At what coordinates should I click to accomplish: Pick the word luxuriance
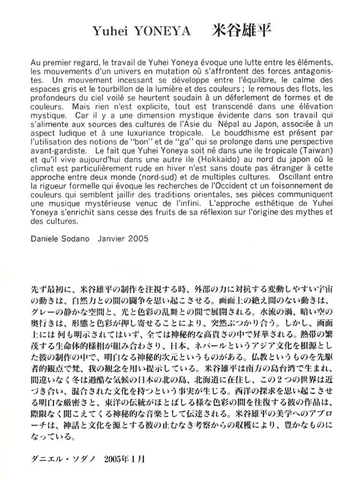tap(161, 137)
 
